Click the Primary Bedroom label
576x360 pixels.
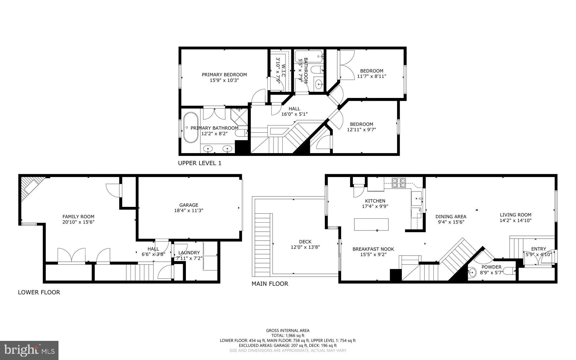[x=224, y=75]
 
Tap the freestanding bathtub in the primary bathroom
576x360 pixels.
[x=190, y=128]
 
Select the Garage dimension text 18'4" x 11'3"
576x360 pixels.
[x=189, y=210]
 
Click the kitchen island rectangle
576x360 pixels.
[x=371, y=224]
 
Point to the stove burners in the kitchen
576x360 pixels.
[x=399, y=183]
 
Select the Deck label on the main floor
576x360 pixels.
[x=305, y=242]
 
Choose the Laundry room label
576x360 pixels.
[x=189, y=252]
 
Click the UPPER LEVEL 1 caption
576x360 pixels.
[x=200, y=163]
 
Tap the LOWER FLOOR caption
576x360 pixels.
[x=39, y=292]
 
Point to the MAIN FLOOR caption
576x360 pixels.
[x=270, y=284]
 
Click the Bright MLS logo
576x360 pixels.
[x=29, y=350]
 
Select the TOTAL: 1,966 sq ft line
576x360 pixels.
[x=288, y=336]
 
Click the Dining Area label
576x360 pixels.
[x=451, y=216]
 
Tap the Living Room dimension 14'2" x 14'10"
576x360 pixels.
[x=516, y=221]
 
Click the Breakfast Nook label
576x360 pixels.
[x=373, y=249]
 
